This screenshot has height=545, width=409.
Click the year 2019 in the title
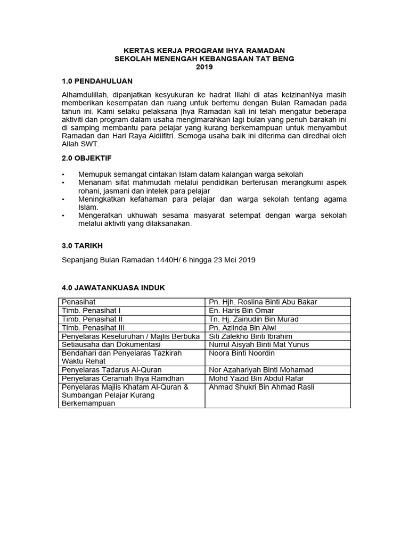pos(204,67)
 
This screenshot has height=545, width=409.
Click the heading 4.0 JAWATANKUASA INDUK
pos(113,287)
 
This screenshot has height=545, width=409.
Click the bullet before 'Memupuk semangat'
pos(63,175)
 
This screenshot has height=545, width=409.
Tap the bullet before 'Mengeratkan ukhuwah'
pos(63,216)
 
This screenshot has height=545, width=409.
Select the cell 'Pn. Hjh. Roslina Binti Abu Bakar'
pos(263,302)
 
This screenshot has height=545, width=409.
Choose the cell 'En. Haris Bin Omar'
pos(241,311)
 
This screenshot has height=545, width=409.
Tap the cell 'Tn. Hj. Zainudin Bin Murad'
pos(253,319)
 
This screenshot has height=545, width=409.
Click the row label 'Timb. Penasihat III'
pos(93,328)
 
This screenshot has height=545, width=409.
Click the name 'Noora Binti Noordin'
pos(242,353)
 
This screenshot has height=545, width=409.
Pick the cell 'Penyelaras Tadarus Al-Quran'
pos(112,370)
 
